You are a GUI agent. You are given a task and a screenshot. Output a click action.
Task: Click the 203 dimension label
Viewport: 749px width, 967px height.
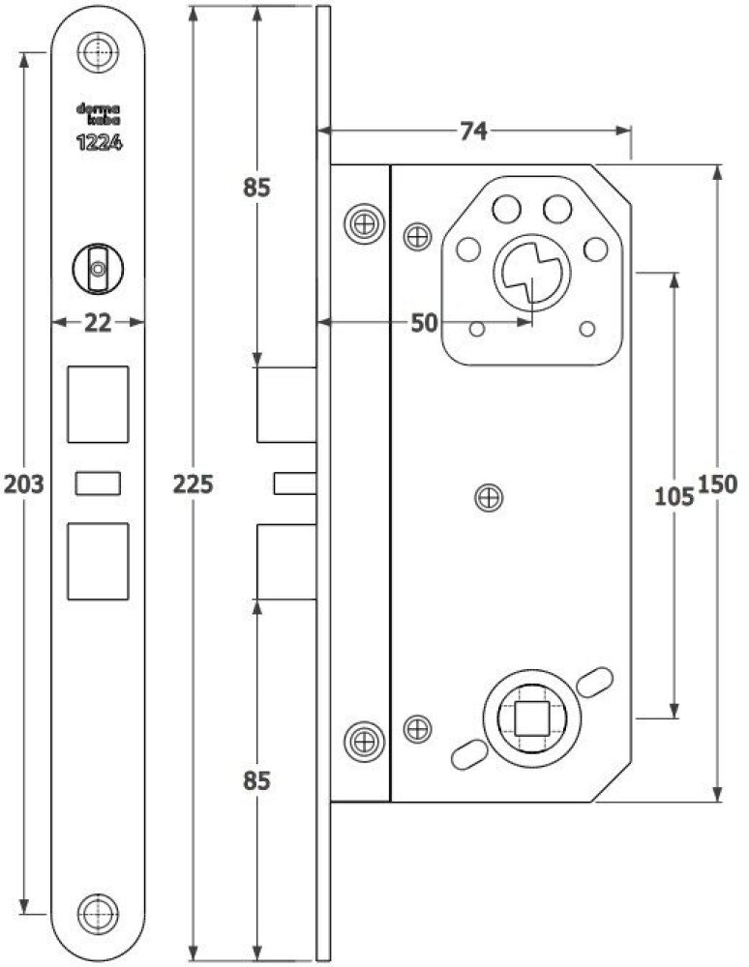point(24,484)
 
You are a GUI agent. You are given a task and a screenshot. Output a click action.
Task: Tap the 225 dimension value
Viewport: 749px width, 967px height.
point(194,484)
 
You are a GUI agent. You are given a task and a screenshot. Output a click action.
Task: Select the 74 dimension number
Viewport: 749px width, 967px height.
point(473,131)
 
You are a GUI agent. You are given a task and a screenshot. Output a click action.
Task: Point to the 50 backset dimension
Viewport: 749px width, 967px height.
point(424,323)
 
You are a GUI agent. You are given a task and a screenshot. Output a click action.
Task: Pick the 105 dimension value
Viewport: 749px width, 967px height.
point(674,496)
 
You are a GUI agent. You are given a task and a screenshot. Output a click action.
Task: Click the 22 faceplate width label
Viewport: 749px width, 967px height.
point(98,323)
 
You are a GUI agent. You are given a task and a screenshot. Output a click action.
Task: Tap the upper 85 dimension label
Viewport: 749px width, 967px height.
point(256,187)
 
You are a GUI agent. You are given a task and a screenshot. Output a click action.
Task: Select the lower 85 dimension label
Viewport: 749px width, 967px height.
point(256,780)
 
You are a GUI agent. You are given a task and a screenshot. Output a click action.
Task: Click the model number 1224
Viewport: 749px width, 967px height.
point(99,143)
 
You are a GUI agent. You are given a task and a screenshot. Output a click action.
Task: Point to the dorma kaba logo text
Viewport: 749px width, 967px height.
point(98,115)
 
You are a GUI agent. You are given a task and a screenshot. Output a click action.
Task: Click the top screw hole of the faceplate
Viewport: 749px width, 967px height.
point(98,52)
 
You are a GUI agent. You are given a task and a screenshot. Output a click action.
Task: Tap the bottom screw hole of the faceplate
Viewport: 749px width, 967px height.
point(98,914)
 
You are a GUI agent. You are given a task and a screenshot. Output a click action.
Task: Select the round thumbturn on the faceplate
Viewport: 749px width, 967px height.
point(98,269)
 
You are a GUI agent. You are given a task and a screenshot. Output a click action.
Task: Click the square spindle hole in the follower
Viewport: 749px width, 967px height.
point(532,718)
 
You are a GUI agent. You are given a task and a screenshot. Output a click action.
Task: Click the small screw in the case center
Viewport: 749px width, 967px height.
point(490,498)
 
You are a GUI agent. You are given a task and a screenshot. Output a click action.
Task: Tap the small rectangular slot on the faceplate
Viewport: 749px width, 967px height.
point(98,483)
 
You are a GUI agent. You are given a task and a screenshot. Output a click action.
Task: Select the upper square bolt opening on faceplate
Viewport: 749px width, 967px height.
point(98,404)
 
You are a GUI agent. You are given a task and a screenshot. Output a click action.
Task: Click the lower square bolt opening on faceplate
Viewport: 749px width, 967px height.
point(98,561)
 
